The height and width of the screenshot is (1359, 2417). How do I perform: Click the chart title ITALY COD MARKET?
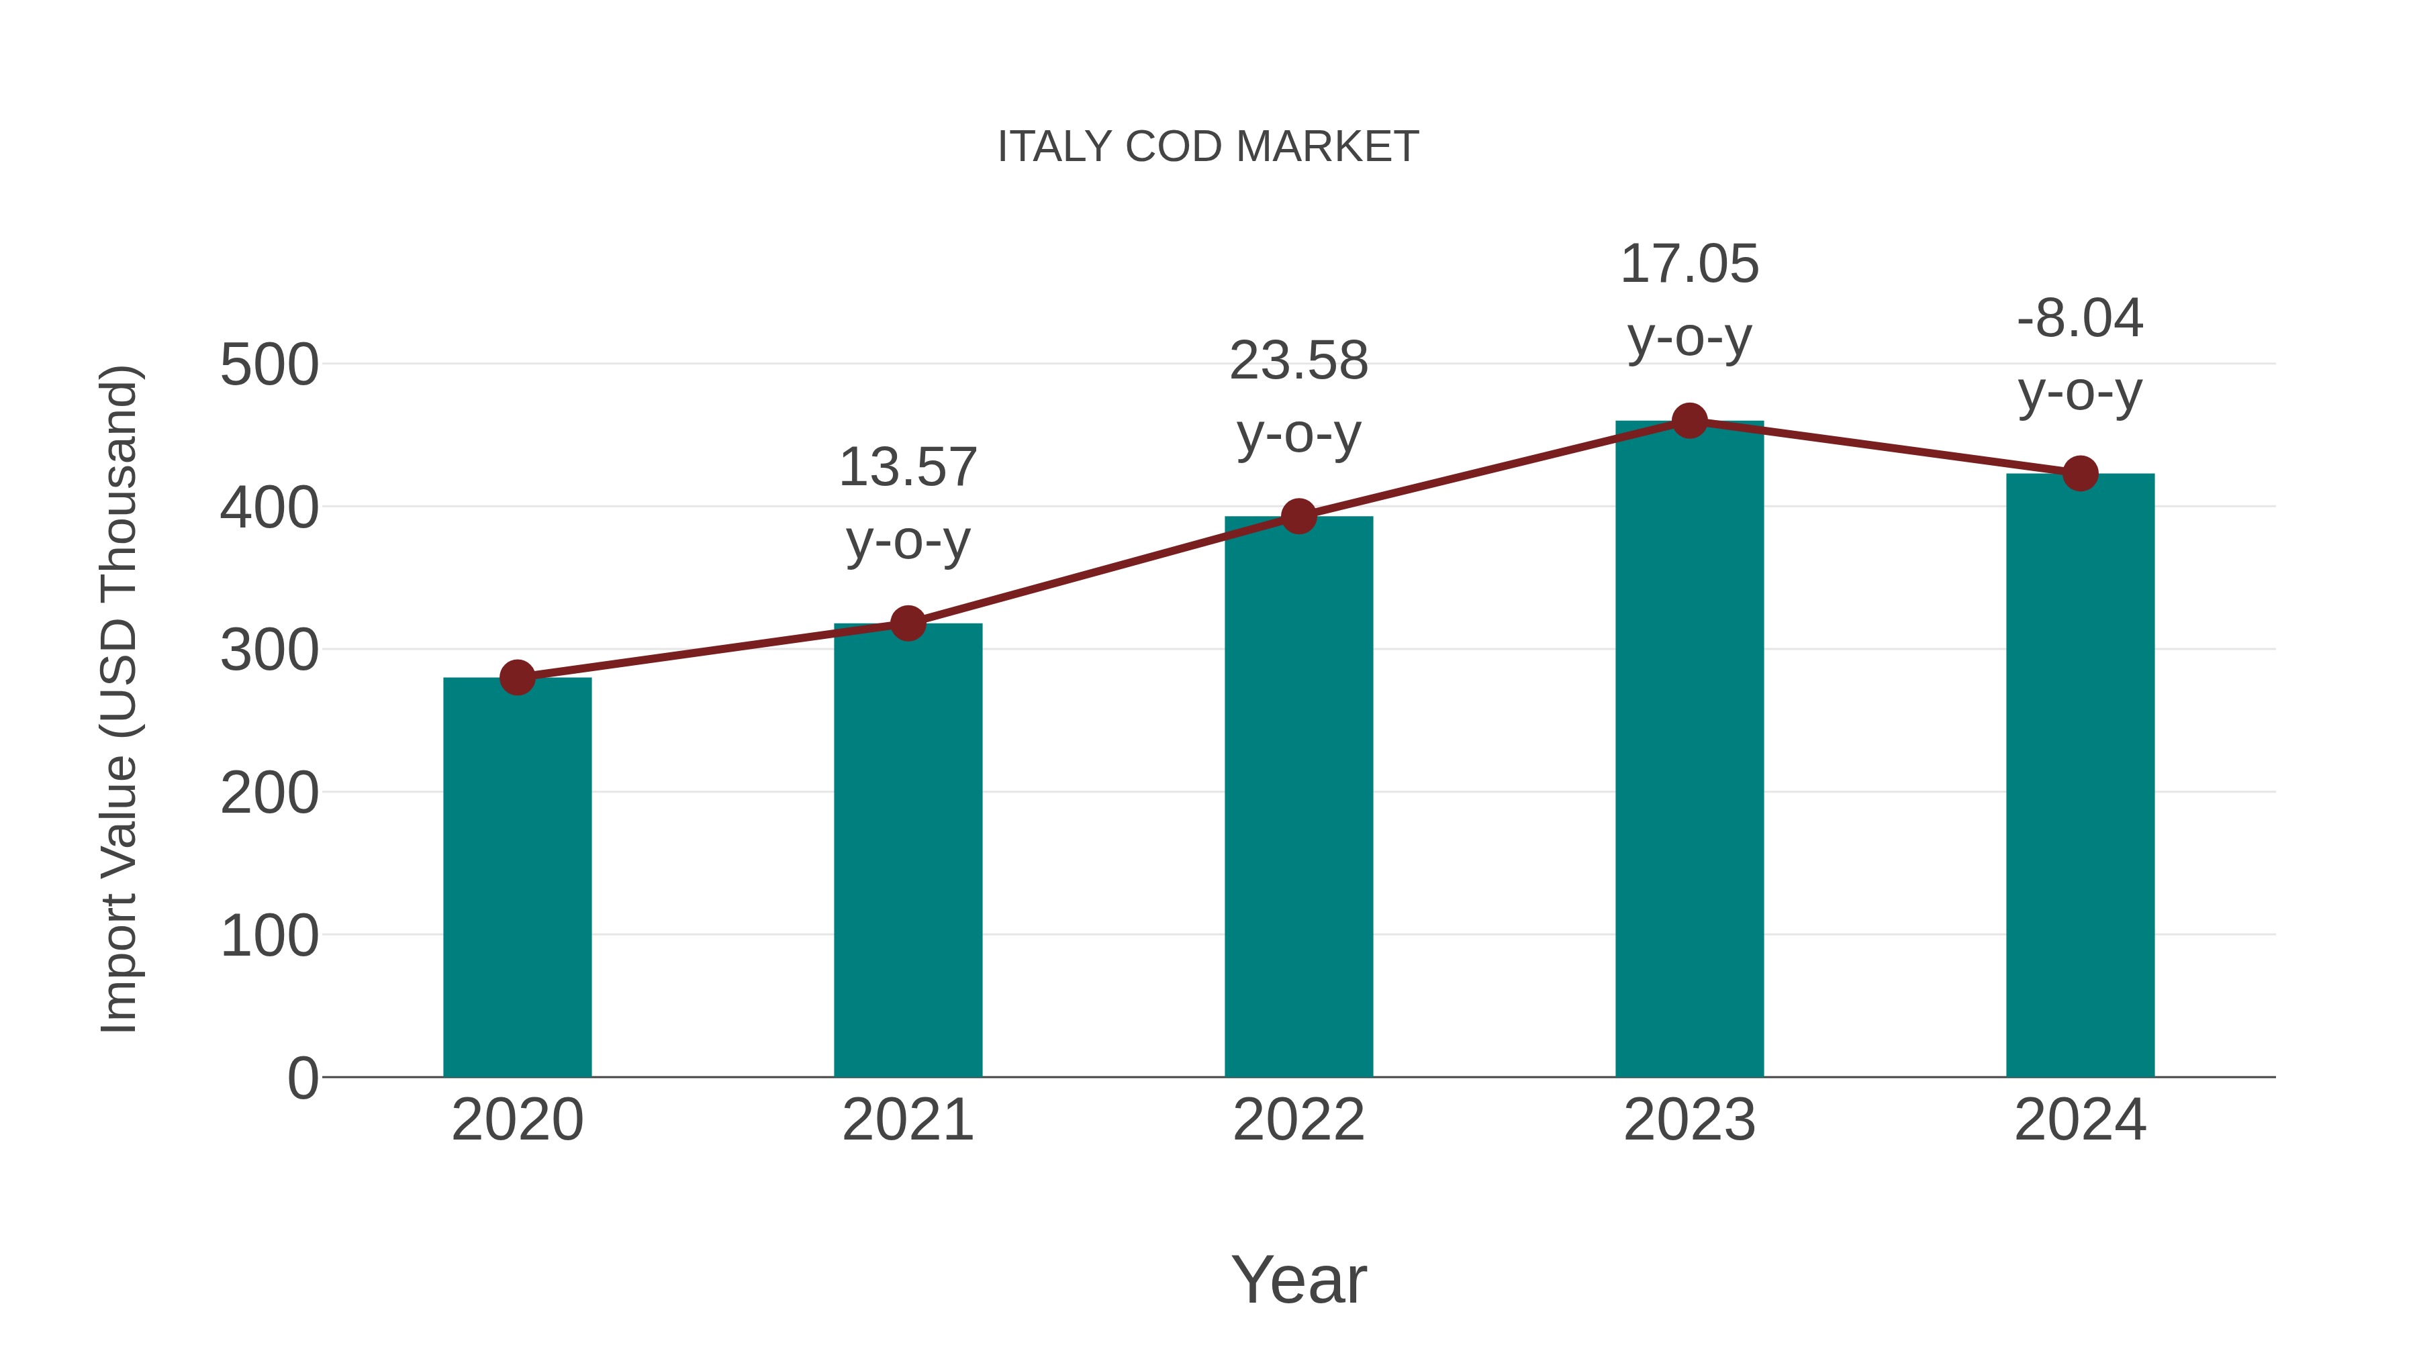pos(1208,147)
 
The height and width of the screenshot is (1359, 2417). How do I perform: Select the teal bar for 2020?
pos(517,877)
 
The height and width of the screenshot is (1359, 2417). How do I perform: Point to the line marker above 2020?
pos(517,677)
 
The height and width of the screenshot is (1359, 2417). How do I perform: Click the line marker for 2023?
pos(1689,421)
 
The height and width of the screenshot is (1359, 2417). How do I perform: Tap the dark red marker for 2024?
pos(2079,474)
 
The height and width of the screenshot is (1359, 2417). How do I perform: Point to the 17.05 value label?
pos(1689,300)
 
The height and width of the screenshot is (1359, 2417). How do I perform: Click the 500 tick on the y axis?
pos(269,365)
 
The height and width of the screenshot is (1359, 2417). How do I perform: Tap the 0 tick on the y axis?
pos(302,1078)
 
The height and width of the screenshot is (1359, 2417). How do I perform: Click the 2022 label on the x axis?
pos(1298,1120)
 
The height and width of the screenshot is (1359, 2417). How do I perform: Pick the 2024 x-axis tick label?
pos(2079,1120)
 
